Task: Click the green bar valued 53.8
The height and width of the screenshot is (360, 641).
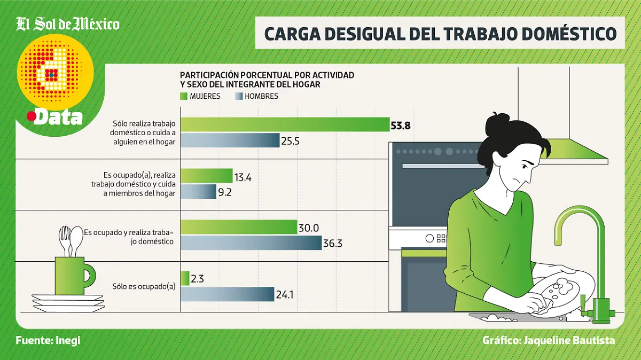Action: tap(285, 124)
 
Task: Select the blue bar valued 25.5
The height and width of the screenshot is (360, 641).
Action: tap(230, 140)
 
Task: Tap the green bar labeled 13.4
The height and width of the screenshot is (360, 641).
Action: tap(207, 176)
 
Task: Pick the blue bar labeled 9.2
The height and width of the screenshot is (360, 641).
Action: tap(198, 192)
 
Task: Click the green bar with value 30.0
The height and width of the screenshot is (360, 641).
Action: tap(239, 227)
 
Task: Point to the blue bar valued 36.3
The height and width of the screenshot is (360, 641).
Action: tap(251, 243)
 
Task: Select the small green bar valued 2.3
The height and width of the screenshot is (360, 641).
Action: tap(185, 278)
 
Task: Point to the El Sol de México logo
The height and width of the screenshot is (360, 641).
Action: tap(68, 24)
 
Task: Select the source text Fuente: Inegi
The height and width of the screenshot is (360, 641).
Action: tap(48, 340)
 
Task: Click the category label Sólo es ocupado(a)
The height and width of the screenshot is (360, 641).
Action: tap(144, 286)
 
